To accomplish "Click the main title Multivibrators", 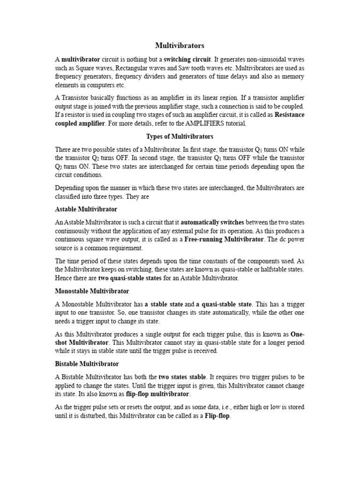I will coord(180,46).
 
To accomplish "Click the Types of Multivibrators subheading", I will coord(180,136).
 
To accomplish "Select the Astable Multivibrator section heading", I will coord(86,209).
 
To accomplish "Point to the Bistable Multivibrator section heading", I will coord(87,364).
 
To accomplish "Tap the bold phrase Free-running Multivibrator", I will coord(225,240).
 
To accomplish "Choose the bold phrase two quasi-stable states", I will coord(129,278).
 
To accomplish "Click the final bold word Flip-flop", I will coord(217,416).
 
